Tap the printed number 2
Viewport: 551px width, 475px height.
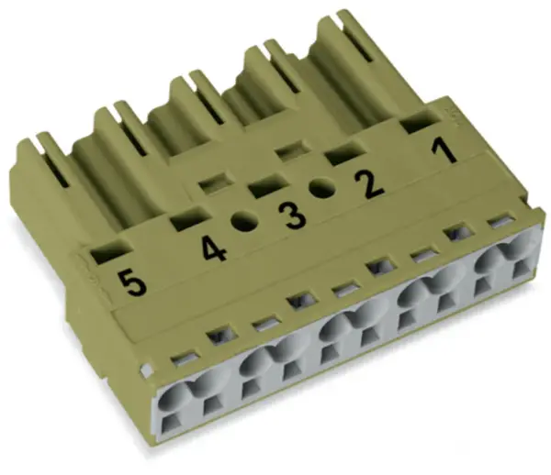click(x=369, y=186)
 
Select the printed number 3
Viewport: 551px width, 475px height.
click(x=292, y=217)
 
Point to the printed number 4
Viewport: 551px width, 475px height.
click(x=214, y=249)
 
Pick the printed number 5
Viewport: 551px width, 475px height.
click(x=131, y=283)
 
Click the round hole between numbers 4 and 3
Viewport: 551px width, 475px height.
click(x=244, y=222)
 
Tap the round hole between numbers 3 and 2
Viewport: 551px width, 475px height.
click(x=322, y=189)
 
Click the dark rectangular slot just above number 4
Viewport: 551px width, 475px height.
click(x=189, y=219)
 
